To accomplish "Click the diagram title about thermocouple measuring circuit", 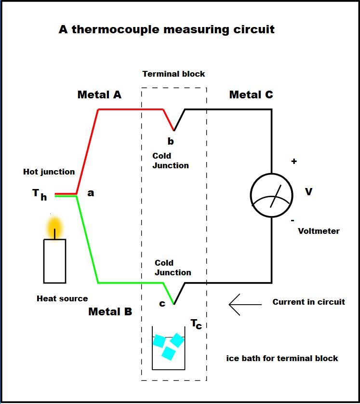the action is tap(167, 29).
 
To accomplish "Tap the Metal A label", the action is tap(99, 94).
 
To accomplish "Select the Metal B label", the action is tap(110, 311).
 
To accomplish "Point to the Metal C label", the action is tap(251, 94).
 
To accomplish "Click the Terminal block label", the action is tap(174, 74).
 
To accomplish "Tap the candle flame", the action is tap(54, 228).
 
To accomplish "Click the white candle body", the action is tap(54, 261).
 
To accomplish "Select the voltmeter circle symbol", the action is tap(271, 195).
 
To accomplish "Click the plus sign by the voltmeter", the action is tap(294, 162).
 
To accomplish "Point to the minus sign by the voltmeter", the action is tap(293, 220).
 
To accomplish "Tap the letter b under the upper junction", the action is tap(171, 141).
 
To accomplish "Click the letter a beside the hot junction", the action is tap(91, 193).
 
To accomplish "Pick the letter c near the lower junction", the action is tap(162, 304).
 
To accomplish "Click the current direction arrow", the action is tap(245, 305).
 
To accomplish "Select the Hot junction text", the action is tap(49, 172).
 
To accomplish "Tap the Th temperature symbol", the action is tap(40, 194).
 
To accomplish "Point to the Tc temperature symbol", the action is tap(196, 324).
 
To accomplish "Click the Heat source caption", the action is tap(62, 298).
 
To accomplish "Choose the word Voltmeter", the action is tap(319, 231).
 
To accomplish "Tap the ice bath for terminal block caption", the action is tap(282, 358).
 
